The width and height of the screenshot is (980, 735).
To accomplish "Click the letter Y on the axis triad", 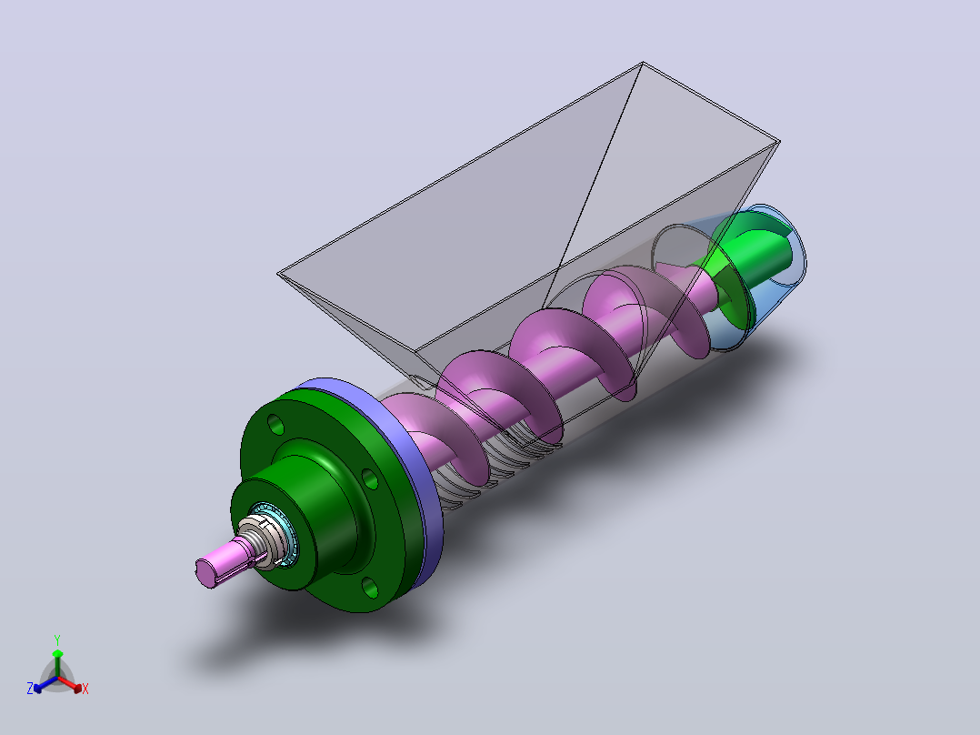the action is (57, 639).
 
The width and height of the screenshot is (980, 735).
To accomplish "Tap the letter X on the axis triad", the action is (85, 689).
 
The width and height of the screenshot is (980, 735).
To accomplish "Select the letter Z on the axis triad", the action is (29, 688).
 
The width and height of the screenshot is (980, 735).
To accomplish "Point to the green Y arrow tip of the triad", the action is (57, 653).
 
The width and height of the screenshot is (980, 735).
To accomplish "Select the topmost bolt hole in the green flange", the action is (275, 424).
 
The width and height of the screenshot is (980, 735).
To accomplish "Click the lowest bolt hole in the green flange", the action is (370, 588).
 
